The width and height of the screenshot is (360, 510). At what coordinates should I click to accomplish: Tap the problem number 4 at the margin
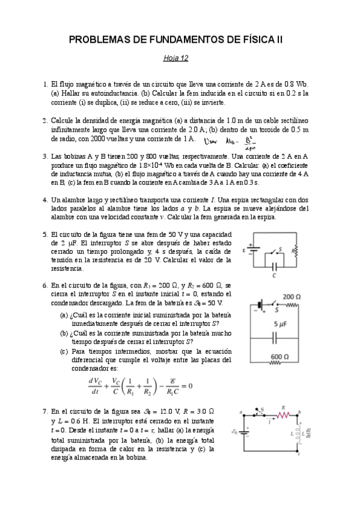pos(45,200)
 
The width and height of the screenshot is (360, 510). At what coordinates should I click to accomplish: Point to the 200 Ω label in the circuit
pos(291,297)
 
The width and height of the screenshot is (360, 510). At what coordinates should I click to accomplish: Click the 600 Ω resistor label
pos(280,357)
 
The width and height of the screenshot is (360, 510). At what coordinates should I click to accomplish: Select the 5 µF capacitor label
pos(282,324)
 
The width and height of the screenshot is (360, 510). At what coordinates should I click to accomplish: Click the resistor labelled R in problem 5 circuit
pos(293,249)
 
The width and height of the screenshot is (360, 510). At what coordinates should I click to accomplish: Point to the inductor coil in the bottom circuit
pos(299,432)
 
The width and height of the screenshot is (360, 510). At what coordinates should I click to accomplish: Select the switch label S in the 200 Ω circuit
pos(277,312)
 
